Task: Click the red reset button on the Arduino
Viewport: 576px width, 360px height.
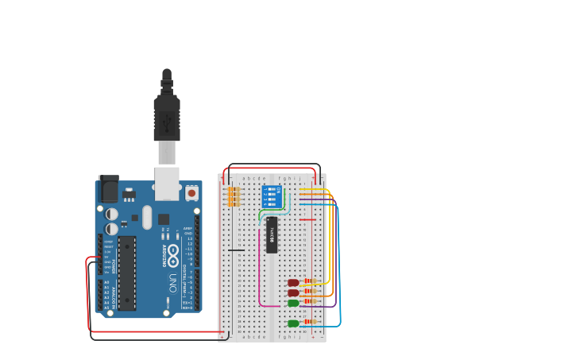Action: tap(191, 193)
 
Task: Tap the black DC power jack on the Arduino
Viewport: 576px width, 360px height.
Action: tap(108, 189)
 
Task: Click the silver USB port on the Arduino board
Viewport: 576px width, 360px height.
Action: tap(167, 184)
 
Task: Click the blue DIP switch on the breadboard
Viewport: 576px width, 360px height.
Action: tap(271, 196)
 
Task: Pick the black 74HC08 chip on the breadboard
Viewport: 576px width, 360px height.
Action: tap(272, 234)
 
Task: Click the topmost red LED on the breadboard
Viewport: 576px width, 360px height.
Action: tap(293, 282)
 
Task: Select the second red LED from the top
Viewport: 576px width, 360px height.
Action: tap(293, 292)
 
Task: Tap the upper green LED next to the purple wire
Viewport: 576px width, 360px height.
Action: tap(293, 303)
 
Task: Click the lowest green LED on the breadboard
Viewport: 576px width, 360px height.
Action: tap(293, 323)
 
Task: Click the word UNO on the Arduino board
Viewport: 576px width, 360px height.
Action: tap(172, 282)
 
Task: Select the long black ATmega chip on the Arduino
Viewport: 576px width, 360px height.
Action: tap(126, 273)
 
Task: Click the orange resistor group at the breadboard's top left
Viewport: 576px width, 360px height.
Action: tap(234, 196)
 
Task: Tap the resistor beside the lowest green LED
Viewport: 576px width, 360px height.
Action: tap(309, 322)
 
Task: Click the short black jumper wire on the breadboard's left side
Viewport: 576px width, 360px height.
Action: tap(236, 250)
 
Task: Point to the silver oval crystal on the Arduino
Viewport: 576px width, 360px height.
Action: tap(147, 217)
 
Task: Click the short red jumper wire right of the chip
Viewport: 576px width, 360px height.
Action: tap(307, 219)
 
